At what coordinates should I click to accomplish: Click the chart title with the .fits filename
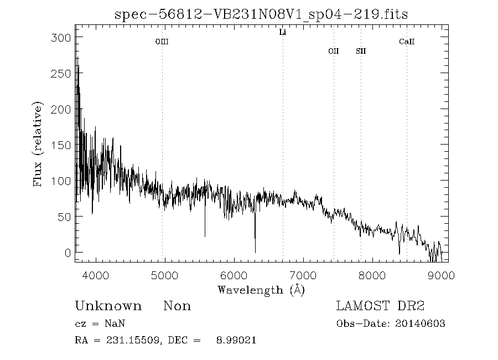[261, 14]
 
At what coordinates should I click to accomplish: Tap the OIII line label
[162, 42]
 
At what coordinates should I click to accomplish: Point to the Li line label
[283, 33]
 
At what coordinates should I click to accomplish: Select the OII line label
[333, 51]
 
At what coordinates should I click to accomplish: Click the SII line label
[361, 51]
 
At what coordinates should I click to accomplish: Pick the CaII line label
[407, 42]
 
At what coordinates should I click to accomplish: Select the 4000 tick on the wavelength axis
[96, 274]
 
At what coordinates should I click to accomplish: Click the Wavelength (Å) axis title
[261, 290]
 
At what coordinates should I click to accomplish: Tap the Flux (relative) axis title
[38, 144]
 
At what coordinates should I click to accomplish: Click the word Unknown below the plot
[108, 306]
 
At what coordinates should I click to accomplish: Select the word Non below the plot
[177, 306]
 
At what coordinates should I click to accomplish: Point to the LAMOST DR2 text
[381, 306]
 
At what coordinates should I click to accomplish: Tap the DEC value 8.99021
[235, 341]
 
